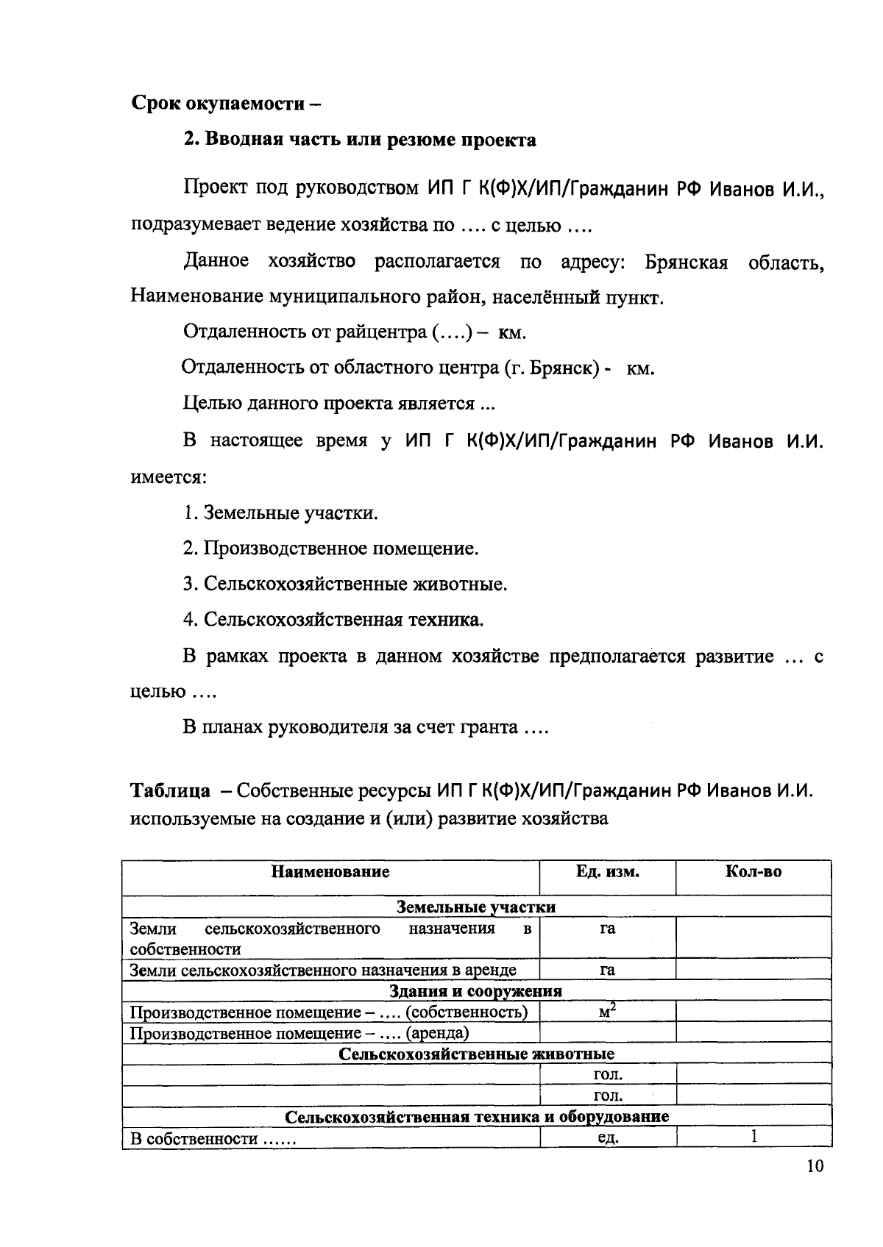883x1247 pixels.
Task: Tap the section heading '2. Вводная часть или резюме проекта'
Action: pyautogui.click(x=359, y=140)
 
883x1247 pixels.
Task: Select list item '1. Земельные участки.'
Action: pyautogui.click(x=280, y=512)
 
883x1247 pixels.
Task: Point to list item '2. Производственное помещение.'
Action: pyautogui.click(x=330, y=549)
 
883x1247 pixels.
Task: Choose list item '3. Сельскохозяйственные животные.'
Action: pyautogui.click(x=345, y=585)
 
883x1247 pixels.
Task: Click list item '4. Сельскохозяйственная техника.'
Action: pyautogui.click(x=333, y=620)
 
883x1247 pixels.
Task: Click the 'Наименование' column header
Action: pyautogui.click(x=330, y=872)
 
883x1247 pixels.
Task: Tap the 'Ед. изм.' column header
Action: pyautogui.click(x=607, y=872)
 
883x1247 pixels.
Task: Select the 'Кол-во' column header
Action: pyautogui.click(x=753, y=872)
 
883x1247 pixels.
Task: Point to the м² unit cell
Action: pyautogui.click(x=607, y=1012)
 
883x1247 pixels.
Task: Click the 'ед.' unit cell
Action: pyautogui.click(x=607, y=1139)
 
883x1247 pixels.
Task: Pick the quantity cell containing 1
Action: pyautogui.click(x=753, y=1137)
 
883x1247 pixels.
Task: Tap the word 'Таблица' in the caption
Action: pyautogui.click(x=170, y=791)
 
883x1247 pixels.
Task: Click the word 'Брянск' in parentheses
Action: pyautogui.click(x=563, y=368)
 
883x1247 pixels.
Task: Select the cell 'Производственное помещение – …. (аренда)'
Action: pyautogui.click(x=299, y=1033)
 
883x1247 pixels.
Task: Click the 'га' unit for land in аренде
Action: pyautogui.click(x=607, y=970)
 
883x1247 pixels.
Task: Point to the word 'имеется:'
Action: pyautogui.click(x=169, y=476)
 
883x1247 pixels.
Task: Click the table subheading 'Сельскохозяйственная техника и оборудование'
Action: pyautogui.click(x=477, y=1117)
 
